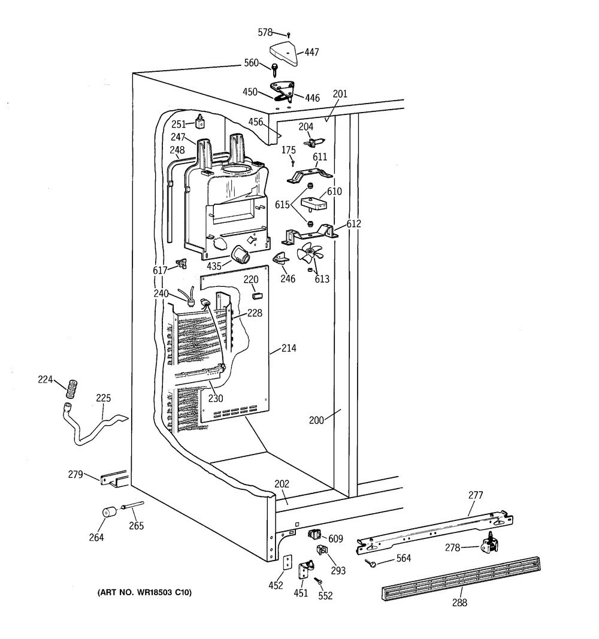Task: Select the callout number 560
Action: pyautogui.click(x=251, y=63)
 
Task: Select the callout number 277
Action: pyautogui.click(x=475, y=495)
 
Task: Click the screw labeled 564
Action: pyautogui.click(x=371, y=562)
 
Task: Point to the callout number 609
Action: pyautogui.click(x=335, y=539)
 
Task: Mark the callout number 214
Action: pyautogui.click(x=289, y=348)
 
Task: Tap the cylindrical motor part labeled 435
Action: pyautogui.click(x=241, y=255)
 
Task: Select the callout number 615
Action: pyautogui.click(x=283, y=205)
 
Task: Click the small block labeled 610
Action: pyautogui.click(x=313, y=203)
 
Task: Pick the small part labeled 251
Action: pyautogui.click(x=199, y=123)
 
